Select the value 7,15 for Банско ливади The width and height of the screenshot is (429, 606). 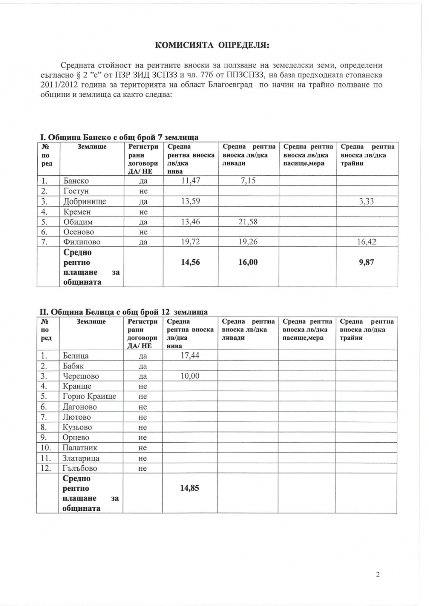tap(247, 180)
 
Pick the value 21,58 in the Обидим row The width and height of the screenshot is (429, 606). tap(247, 222)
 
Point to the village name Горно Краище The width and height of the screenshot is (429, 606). tap(89, 396)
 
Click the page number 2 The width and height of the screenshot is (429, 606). tap(377, 574)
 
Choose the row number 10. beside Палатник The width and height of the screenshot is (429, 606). tap(45, 448)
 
